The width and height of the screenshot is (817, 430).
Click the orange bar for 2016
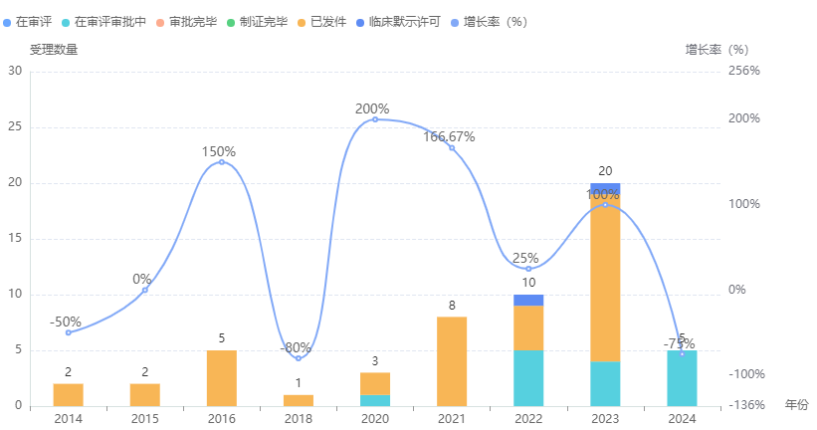tap(222, 378)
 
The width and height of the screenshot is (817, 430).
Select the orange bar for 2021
tap(452, 361)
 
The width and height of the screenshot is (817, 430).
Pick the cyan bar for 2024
tap(682, 378)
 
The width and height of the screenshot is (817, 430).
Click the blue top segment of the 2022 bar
tap(528, 300)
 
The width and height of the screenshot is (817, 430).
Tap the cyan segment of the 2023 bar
tap(605, 383)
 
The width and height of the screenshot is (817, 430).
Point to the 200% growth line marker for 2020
tap(375, 119)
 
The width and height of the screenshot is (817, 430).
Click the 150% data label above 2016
tap(219, 152)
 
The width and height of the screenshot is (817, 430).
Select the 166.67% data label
tap(449, 136)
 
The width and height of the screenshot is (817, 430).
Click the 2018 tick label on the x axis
tap(299, 419)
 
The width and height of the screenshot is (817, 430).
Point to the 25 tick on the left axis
tap(15, 127)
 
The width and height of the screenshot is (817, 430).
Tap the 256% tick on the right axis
tap(744, 71)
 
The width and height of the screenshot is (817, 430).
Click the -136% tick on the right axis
tap(746, 406)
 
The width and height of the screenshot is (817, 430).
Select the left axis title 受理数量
tap(54, 49)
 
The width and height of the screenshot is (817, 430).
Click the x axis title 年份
tap(797, 405)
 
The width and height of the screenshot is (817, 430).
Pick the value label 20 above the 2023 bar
tap(605, 171)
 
